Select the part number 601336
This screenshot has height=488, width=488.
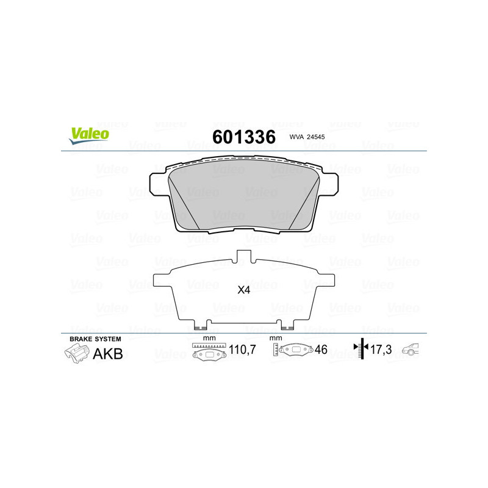pos(243,137)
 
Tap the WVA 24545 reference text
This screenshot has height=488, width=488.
pos(307,138)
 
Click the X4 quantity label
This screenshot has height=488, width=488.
pos(243,290)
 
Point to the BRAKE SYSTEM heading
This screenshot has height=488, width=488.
pos(95,339)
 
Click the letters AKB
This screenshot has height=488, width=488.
pos(107,354)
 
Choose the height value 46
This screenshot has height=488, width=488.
pos(321,350)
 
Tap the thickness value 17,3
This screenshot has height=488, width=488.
pos(383,350)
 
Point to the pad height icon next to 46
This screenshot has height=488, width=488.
pos(292,351)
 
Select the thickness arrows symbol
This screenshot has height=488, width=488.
pos(361,349)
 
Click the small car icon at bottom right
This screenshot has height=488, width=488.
pos(412,350)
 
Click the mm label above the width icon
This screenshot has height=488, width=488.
pos(209,339)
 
